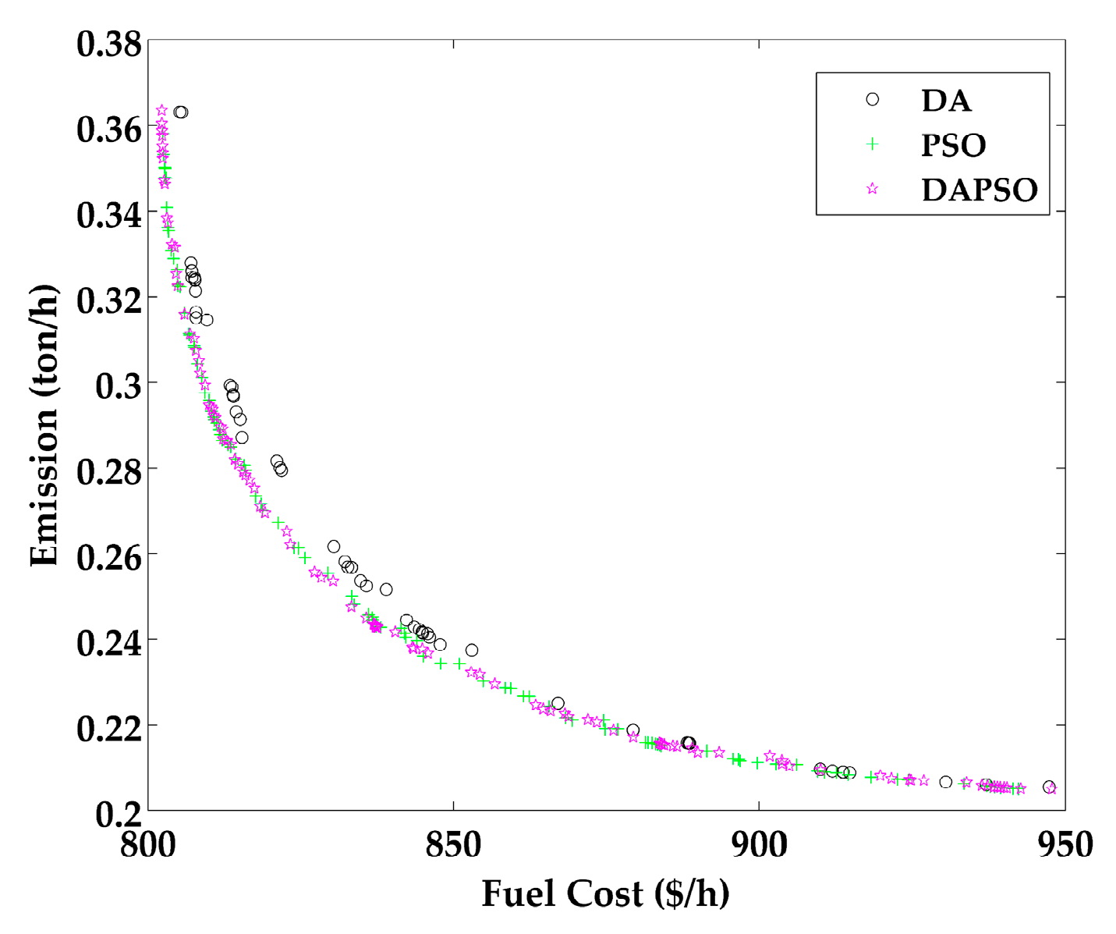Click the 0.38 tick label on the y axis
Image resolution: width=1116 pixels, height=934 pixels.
pyautogui.click(x=109, y=44)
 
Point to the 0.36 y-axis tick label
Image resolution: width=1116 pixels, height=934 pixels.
pyautogui.click(x=109, y=129)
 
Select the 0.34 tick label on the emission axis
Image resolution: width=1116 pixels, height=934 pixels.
pyautogui.click(x=109, y=215)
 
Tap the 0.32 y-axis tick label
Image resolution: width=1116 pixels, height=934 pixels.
pyautogui.click(x=109, y=300)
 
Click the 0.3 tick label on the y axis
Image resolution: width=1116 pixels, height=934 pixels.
pyautogui.click(x=118, y=385)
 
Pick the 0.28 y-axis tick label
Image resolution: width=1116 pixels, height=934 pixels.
pyautogui.click(x=109, y=471)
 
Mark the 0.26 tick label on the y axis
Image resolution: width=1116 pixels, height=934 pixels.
pyautogui.click(x=109, y=556)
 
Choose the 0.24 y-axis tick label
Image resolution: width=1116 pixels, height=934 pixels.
pyautogui.click(x=109, y=642)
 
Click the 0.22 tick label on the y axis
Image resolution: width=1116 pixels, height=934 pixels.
pyautogui.click(x=109, y=727)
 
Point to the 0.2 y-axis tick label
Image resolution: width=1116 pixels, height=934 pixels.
pyautogui.click(x=118, y=813)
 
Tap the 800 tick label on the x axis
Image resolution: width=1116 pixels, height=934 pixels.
pyautogui.click(x=148, y=845)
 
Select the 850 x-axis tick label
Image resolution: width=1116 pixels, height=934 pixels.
pyautogui.click(x=453, y=845)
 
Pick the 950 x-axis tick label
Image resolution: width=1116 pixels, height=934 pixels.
pyautogui.click(x=1064, y=845)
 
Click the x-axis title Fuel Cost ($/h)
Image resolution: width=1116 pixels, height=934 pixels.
pyautogui.click(x=605, y=893)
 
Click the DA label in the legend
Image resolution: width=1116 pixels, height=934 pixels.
pyautogui.click(x=946, y=100)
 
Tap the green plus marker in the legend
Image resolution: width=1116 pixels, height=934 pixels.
pyautogui.click(x=873, y=144)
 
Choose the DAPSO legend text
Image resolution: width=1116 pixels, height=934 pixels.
pyautogui.click(x=980, y=190)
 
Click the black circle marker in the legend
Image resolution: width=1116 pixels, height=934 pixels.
pyautogui.click(x=873, y=99)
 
